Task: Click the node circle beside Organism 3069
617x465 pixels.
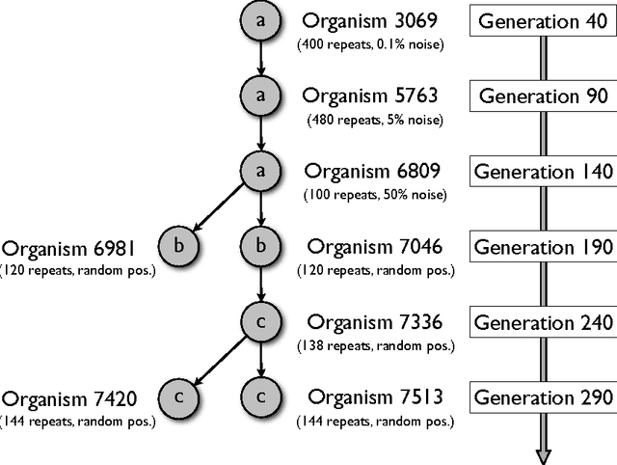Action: point(260,20)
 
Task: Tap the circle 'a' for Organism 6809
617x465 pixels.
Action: point(260,171)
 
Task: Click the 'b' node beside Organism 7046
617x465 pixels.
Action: point(260,246)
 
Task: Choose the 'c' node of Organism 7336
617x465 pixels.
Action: point(260,321)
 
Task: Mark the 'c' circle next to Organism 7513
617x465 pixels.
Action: point(260,397)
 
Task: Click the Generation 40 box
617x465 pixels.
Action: point(542,20)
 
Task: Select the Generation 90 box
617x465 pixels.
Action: point(542,96)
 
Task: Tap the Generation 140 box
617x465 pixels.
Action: point(542,172)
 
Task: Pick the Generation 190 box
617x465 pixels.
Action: point(542,247)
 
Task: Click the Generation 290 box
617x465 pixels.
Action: point(542,397)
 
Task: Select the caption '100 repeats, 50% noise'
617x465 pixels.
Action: point(371,194)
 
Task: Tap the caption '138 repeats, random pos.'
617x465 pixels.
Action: point(371,344)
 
